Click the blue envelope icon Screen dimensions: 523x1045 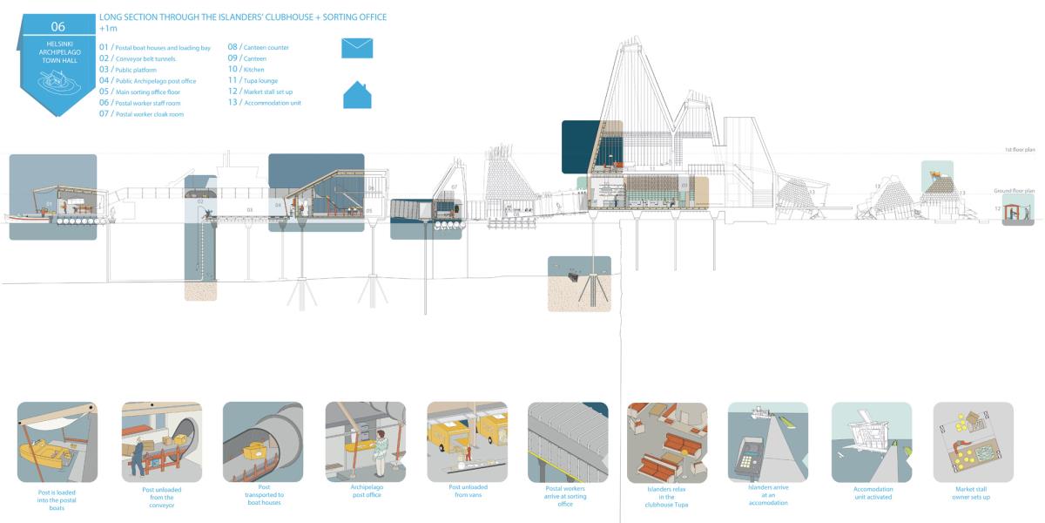click(357, 48)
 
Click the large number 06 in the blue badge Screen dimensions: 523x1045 click(57, 25)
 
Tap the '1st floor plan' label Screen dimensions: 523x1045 click(1019, 150)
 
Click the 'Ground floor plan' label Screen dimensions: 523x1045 click(1015, 190)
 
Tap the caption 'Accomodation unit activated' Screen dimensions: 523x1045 click(873, 492)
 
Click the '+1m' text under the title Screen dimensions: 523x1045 click(108, 29)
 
